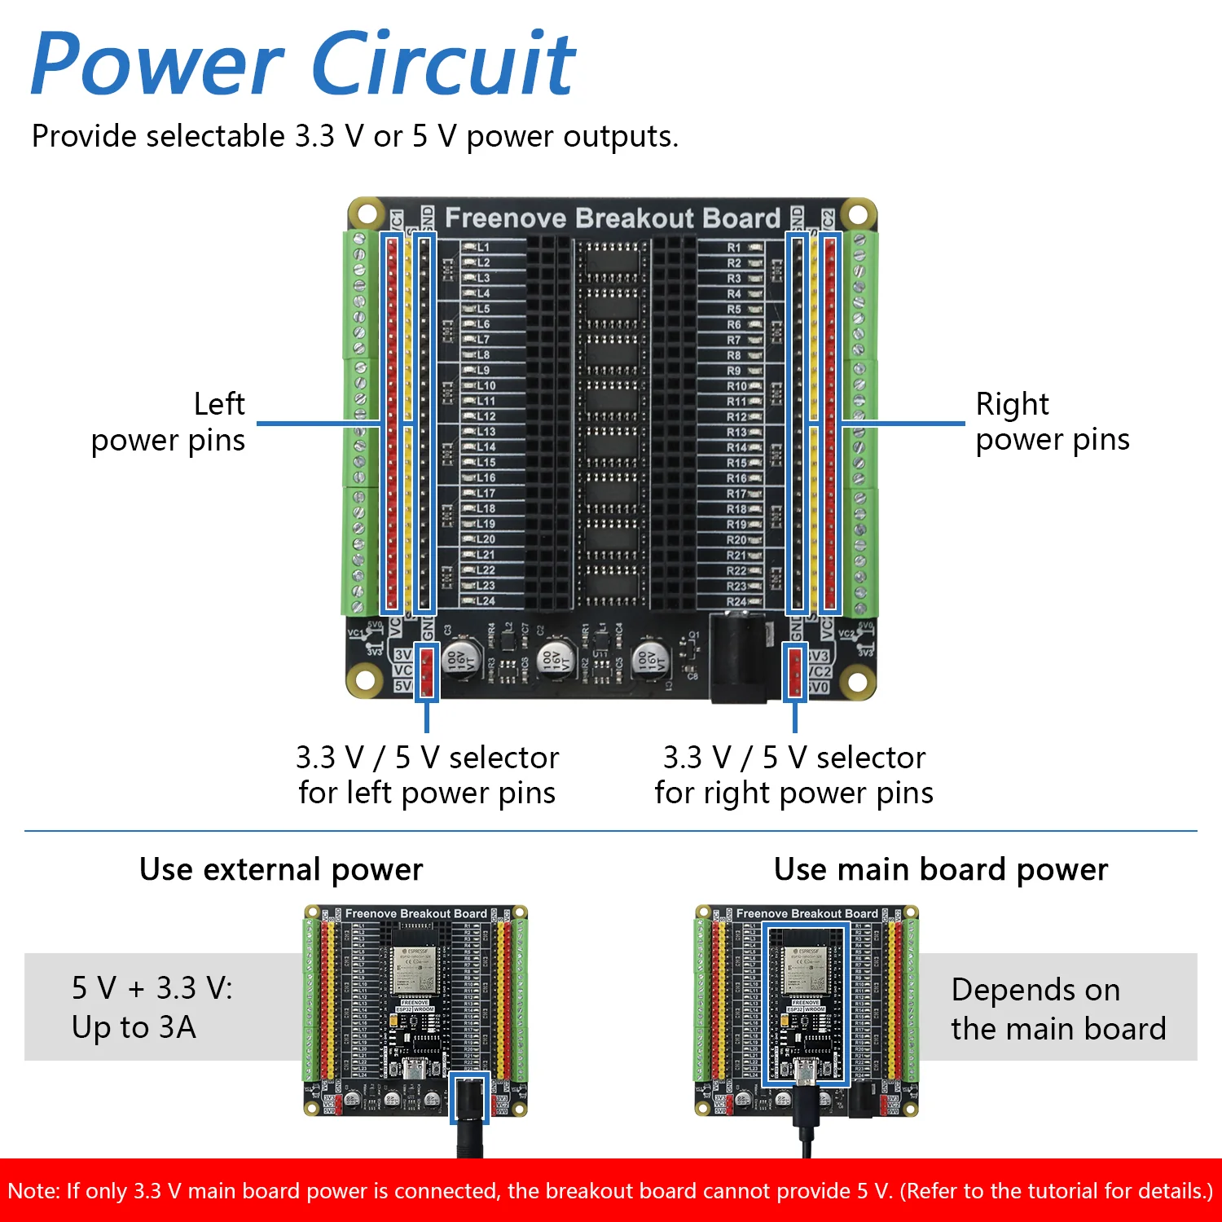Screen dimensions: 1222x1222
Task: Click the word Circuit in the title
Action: (x=444, y=64)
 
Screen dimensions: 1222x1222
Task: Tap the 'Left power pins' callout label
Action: (x=169, y=422)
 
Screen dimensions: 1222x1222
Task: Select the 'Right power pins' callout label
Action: (x=1052, y=422)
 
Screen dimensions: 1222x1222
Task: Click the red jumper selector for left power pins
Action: (x=427, y=672)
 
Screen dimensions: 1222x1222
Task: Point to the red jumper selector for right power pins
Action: (x=795, y=672)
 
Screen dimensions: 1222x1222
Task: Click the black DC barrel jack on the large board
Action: (x=739, y=658)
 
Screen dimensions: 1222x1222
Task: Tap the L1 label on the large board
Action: (x=483, y=247)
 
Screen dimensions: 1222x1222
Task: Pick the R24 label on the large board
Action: (x=736, y=602)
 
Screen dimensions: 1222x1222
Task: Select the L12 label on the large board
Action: (x=486, y=416)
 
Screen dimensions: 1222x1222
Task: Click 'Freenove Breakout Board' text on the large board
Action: (x=613, y=218)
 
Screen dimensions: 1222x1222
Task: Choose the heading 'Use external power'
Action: (x=281, y=869)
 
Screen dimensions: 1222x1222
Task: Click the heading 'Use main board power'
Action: (x=941, y=869)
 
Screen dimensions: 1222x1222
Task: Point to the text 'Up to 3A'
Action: (x=134, y=1027)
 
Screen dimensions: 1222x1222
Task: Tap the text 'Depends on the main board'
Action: (x=1058, y=1009)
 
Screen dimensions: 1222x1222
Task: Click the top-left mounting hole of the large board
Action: (x=366, y=215)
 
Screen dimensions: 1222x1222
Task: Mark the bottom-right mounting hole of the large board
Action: (x=857, y=679)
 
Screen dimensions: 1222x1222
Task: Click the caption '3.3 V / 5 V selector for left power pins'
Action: (x=427, y=775)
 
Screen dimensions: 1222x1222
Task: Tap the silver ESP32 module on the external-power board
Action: (x=415, y=969)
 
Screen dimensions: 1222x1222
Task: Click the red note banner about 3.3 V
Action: (x=611, y=1191)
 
